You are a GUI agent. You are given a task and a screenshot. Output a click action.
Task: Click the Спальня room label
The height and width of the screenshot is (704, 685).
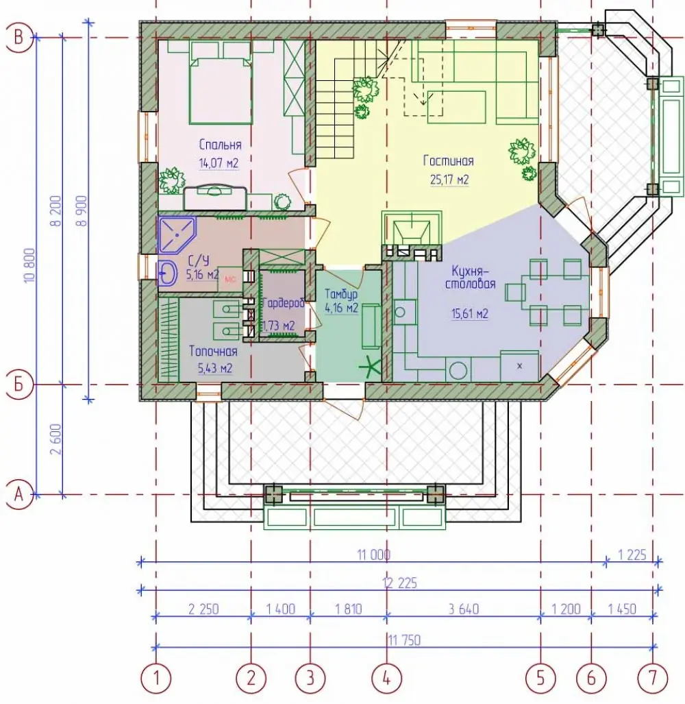coord(221,145)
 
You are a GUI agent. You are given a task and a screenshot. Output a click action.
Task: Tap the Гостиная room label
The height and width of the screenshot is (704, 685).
coord(448,160)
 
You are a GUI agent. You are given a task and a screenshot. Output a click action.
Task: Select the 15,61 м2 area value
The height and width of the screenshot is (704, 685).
coord(470,313)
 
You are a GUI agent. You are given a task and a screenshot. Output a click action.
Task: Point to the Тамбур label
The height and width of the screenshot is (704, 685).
coord(341,294)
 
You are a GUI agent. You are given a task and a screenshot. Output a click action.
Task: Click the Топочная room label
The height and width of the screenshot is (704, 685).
coord(213,351)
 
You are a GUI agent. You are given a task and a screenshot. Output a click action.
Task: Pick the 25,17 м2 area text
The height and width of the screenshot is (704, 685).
coord(449,180)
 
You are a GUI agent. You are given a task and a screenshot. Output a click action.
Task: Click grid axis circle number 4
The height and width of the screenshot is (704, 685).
coord(386,677)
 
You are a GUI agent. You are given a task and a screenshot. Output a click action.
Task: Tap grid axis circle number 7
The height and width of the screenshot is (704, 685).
coord(653,677)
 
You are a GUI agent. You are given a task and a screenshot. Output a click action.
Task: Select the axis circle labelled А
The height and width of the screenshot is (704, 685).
coord(19,495)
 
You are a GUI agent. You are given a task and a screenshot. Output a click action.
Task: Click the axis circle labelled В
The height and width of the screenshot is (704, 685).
coord(19,37)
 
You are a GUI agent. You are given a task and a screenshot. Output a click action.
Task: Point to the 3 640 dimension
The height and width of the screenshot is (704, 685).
coord(464,609)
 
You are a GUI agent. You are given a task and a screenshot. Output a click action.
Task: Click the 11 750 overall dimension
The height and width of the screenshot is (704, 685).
coord(404,640)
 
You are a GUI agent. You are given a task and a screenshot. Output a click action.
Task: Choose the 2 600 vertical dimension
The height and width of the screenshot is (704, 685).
coord(57,439)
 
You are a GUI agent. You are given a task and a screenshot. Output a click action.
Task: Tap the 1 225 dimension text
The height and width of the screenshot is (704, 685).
coord(632,555)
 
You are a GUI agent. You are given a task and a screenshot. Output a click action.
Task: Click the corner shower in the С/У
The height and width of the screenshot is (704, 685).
coord(177,235)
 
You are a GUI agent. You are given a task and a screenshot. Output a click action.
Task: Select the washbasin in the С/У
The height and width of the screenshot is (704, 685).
coord(167,272)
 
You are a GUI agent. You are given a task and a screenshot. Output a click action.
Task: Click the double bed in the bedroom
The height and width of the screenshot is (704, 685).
coord(221,83)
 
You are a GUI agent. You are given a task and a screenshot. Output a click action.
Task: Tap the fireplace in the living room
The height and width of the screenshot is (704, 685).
coord(412,236)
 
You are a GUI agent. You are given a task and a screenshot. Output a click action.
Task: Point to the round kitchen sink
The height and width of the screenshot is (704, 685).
coord(399,312)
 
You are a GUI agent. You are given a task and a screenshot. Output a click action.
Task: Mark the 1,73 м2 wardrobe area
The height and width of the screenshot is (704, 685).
coord(279,326)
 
